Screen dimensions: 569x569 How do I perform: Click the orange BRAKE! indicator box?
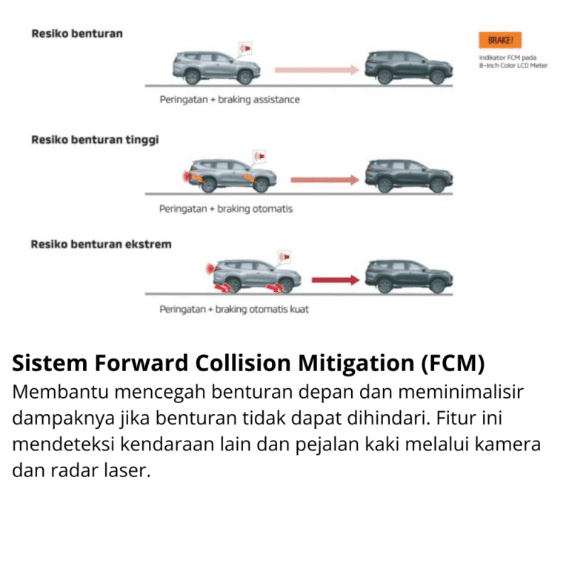(500, 41)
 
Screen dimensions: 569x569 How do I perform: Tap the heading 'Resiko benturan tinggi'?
(95, 139)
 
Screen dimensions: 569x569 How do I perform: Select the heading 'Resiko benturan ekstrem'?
(101, 244)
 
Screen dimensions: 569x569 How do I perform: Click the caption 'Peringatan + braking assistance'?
(230, 99)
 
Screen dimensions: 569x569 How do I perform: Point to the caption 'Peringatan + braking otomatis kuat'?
(234, 309)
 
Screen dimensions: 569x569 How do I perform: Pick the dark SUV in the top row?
(407, 67)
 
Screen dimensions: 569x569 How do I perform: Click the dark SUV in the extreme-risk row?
(408, 276)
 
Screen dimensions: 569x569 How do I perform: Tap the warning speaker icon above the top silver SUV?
(245, 49)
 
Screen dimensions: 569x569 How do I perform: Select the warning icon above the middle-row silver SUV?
(259, 157)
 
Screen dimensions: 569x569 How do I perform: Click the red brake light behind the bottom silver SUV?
(211, 265)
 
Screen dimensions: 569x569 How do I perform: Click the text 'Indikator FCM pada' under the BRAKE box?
(508, 57)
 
